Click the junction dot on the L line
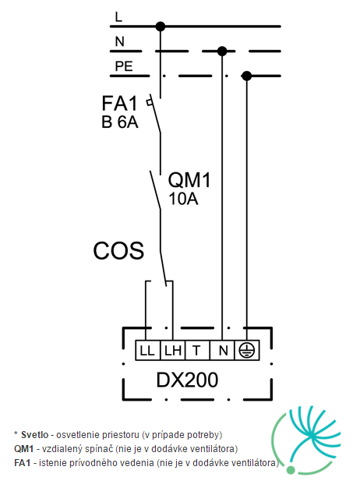161,27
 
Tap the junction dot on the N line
222,51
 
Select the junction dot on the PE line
247,76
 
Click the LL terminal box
148,351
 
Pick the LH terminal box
173,351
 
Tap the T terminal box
197,351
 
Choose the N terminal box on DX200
222,351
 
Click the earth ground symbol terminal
247,351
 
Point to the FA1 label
119,103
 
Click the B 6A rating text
119,122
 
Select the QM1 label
189,180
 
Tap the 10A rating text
183,199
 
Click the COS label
118,251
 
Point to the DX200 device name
188,380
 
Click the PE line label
124,66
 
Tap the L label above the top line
118,16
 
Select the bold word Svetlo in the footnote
35,435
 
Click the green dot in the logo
291,470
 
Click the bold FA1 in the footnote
23,463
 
